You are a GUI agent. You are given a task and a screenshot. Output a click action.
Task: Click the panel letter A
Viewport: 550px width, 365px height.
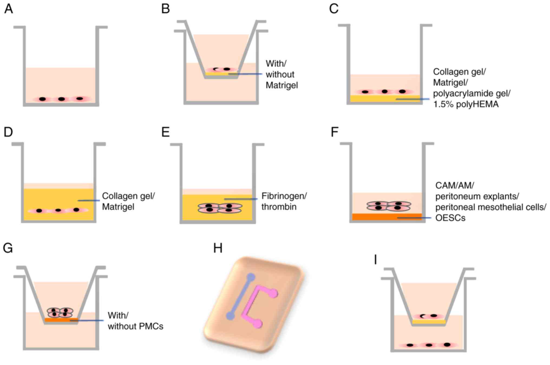point(8,9)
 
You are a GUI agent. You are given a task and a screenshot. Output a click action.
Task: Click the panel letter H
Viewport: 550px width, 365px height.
point(218,248)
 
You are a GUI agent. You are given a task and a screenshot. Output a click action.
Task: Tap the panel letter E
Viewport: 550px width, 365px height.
point(165,132)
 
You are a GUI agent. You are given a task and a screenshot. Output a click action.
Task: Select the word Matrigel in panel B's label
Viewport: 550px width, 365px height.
point(281,85)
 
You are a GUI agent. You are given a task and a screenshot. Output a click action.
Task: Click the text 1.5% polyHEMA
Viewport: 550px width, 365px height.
point(466,104)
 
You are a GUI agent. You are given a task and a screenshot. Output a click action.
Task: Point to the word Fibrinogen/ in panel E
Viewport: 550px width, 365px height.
point(284,196)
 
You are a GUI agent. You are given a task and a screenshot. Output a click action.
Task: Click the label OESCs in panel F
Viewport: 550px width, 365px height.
point(450,218)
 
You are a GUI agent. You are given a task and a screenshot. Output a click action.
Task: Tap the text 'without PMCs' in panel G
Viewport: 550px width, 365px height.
point(135,326)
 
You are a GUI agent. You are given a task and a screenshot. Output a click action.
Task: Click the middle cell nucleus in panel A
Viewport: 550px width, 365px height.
point(61,99)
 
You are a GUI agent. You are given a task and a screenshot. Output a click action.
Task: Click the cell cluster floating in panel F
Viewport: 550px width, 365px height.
point(388,206)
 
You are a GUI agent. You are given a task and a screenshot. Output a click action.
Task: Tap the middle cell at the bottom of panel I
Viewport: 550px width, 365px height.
point(429,345)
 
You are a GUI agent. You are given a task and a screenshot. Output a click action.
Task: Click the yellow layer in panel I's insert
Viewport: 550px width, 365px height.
point(429,322)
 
